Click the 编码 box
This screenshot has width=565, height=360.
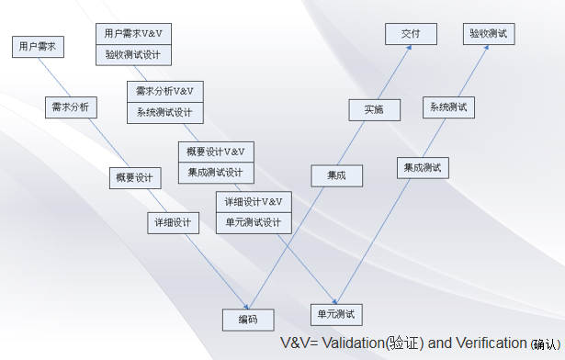(x=248, y=319)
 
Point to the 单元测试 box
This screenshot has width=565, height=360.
(x=337, y=314)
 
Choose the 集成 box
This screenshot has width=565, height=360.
(x=336, y=174)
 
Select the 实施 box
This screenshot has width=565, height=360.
(x=374, y=109)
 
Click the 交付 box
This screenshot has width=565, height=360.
(x=411, y=34)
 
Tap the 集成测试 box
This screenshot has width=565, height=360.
(x=423, y=167)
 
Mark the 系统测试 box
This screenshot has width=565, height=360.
(x=448, y=107)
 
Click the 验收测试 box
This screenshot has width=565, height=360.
(x=489, y=34)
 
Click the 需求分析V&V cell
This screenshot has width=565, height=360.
(x=164, y=91)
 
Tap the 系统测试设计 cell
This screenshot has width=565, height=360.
(x=164, y=113)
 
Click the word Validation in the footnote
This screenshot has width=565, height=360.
(x=352, y=343)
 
